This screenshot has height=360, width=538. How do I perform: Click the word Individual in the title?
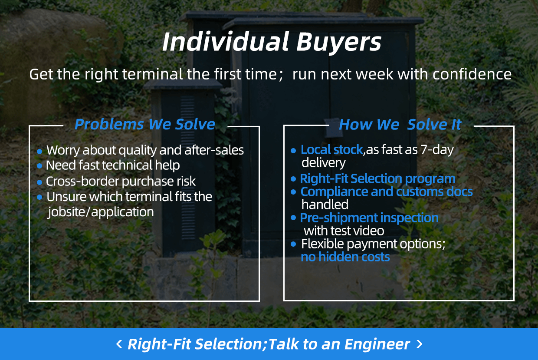pos(225,42)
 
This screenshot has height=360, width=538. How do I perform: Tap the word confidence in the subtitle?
pos(472,74)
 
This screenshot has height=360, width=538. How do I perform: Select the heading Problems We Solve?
pos(145,124)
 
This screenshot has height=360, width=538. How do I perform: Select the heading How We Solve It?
pos(400,124)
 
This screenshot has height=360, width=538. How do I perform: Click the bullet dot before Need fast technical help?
pos(39,165)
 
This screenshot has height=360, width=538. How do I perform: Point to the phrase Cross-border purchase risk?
pos(121,181)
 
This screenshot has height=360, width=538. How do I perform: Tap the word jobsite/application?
pos(100,212)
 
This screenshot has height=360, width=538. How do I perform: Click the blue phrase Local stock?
pos(331,149)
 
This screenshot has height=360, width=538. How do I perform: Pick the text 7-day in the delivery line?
pos(437,150)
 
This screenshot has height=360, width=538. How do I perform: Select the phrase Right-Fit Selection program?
pos(377,179)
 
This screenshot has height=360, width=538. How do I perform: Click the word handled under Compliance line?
pos(325,205)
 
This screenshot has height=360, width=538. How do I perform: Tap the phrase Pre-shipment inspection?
pos(369,218)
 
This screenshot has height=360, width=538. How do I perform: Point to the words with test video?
pos(344,231)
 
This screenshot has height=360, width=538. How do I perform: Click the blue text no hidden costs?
pos(345,257)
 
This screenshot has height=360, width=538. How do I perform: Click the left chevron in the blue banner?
pos(119,344)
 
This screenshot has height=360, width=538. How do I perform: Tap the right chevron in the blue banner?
pos(419,344)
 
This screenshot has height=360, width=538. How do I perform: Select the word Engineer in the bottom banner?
pos(377,344)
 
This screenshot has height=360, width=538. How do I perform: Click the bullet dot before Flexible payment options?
pos(293,244)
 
